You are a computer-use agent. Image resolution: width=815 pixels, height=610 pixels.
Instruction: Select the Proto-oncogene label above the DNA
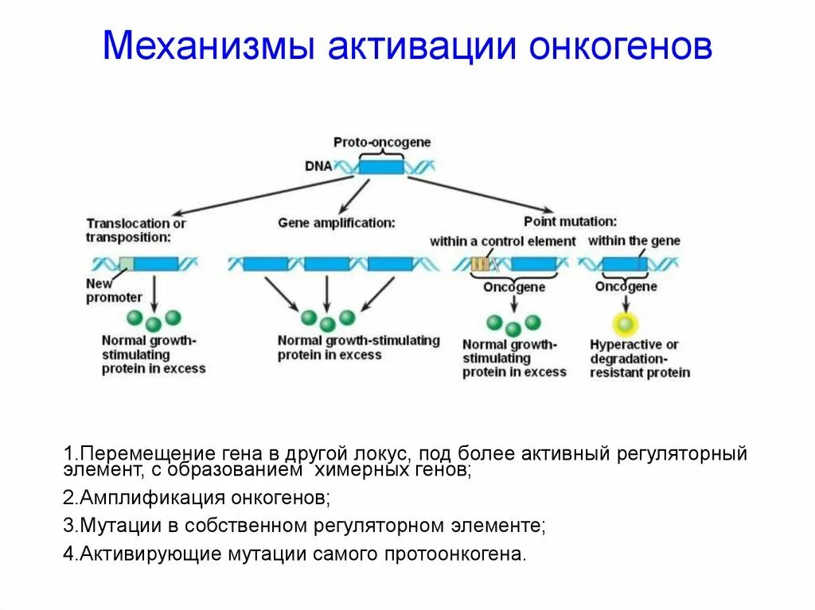tap(382, 142)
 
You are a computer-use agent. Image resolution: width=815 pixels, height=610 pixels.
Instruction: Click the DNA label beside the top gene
tap(318, 166)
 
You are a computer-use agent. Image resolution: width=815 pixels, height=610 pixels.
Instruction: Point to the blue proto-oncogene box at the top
tap(381, 166)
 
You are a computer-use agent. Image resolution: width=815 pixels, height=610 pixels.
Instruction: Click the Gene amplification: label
tap(336, 223)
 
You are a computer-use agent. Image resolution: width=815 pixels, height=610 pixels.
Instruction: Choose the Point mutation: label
tap(570, 222)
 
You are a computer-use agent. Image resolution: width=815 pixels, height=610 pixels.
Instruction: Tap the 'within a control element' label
tap(502, 241)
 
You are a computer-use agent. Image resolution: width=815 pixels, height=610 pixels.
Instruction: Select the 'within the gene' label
tap(634, 241)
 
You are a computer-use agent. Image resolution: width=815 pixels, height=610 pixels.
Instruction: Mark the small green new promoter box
tap(126, 264)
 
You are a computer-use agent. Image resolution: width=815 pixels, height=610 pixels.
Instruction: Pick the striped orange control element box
tap(480, 264)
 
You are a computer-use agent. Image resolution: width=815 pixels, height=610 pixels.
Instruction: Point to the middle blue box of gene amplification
tap(326, 264)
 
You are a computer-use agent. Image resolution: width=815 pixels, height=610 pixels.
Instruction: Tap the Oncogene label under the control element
tap(514, 287)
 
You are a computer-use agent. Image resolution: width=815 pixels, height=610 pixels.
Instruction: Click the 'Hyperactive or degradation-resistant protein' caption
tap(639, 358)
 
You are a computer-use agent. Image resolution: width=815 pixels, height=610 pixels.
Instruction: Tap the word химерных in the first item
tap(351, 471)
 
